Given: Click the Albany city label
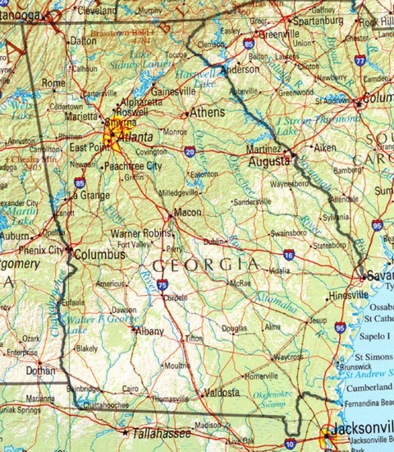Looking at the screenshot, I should point(149,330).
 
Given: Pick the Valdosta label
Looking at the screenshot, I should point(222,392).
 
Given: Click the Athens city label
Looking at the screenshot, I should point(208,112).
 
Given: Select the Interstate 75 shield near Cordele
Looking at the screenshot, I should point(163,284).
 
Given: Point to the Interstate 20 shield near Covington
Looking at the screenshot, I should point(190,152).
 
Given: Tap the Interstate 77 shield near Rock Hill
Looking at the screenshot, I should point(360,60).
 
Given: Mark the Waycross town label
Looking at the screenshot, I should point(288,357).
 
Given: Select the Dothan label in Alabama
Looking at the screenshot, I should point(41,371).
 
